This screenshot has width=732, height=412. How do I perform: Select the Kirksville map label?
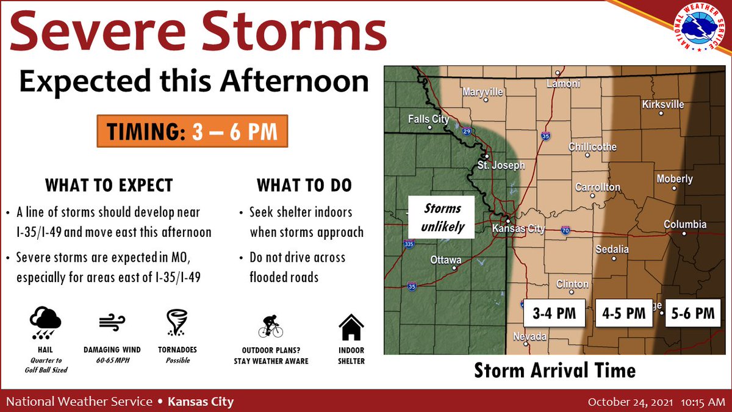[x=663, y=104]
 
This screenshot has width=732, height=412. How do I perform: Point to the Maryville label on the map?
[x=483, y=92]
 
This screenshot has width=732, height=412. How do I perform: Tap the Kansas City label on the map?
[x=518, y=229]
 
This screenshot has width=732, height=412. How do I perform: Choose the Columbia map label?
[x=685, y=225]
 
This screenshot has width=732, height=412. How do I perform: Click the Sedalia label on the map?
[x=612, y=249]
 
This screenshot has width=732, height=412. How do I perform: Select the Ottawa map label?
[x=446, y=260]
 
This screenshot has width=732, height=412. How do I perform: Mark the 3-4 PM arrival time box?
[x=554, y=313]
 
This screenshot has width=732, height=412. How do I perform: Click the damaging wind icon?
[x=112, y=323]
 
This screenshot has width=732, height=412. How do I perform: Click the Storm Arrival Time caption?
[x=554, y=370]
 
